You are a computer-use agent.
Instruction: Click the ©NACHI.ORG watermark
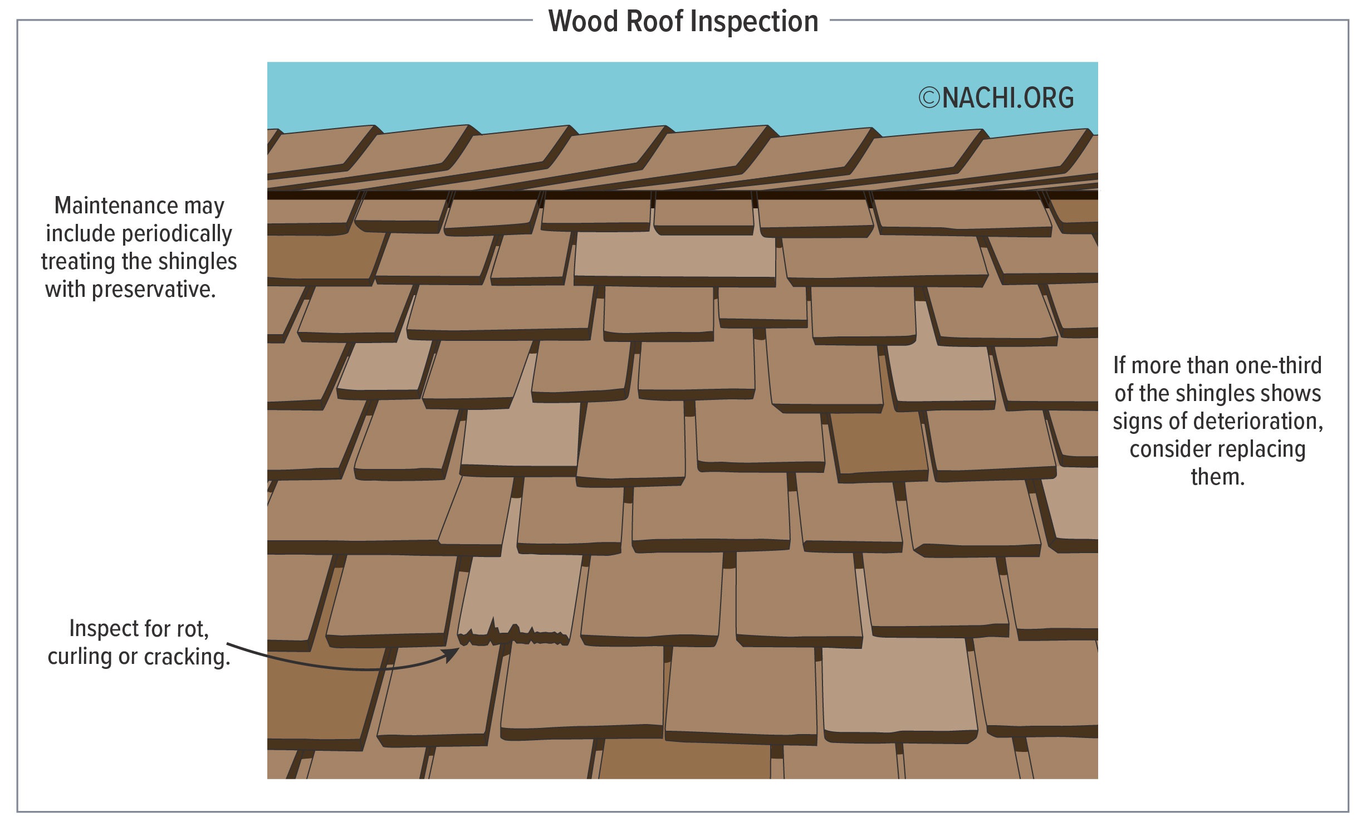tap(996, 98)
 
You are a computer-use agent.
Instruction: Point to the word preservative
tap(153, 290)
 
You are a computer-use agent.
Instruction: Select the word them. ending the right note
tap(1217, 477)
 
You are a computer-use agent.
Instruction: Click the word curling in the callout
tap(80, 657)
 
